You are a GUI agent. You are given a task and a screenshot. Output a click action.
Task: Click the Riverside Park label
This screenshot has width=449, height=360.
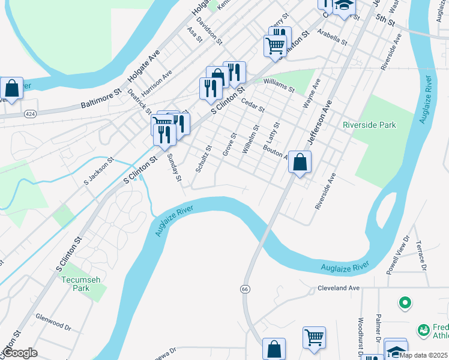369,125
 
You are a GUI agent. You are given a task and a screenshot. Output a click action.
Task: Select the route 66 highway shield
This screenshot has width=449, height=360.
245,289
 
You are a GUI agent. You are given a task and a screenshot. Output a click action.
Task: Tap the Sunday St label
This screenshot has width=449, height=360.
173,167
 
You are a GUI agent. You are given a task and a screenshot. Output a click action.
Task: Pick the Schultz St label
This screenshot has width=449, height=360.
203,158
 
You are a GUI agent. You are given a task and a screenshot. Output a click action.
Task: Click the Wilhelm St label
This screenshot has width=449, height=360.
250,139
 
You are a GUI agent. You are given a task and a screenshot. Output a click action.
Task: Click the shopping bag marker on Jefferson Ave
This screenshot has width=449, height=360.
300,162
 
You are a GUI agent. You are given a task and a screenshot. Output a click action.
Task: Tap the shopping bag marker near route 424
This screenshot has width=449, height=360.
11,88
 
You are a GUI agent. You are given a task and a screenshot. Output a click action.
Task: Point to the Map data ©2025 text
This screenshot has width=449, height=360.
423,355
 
